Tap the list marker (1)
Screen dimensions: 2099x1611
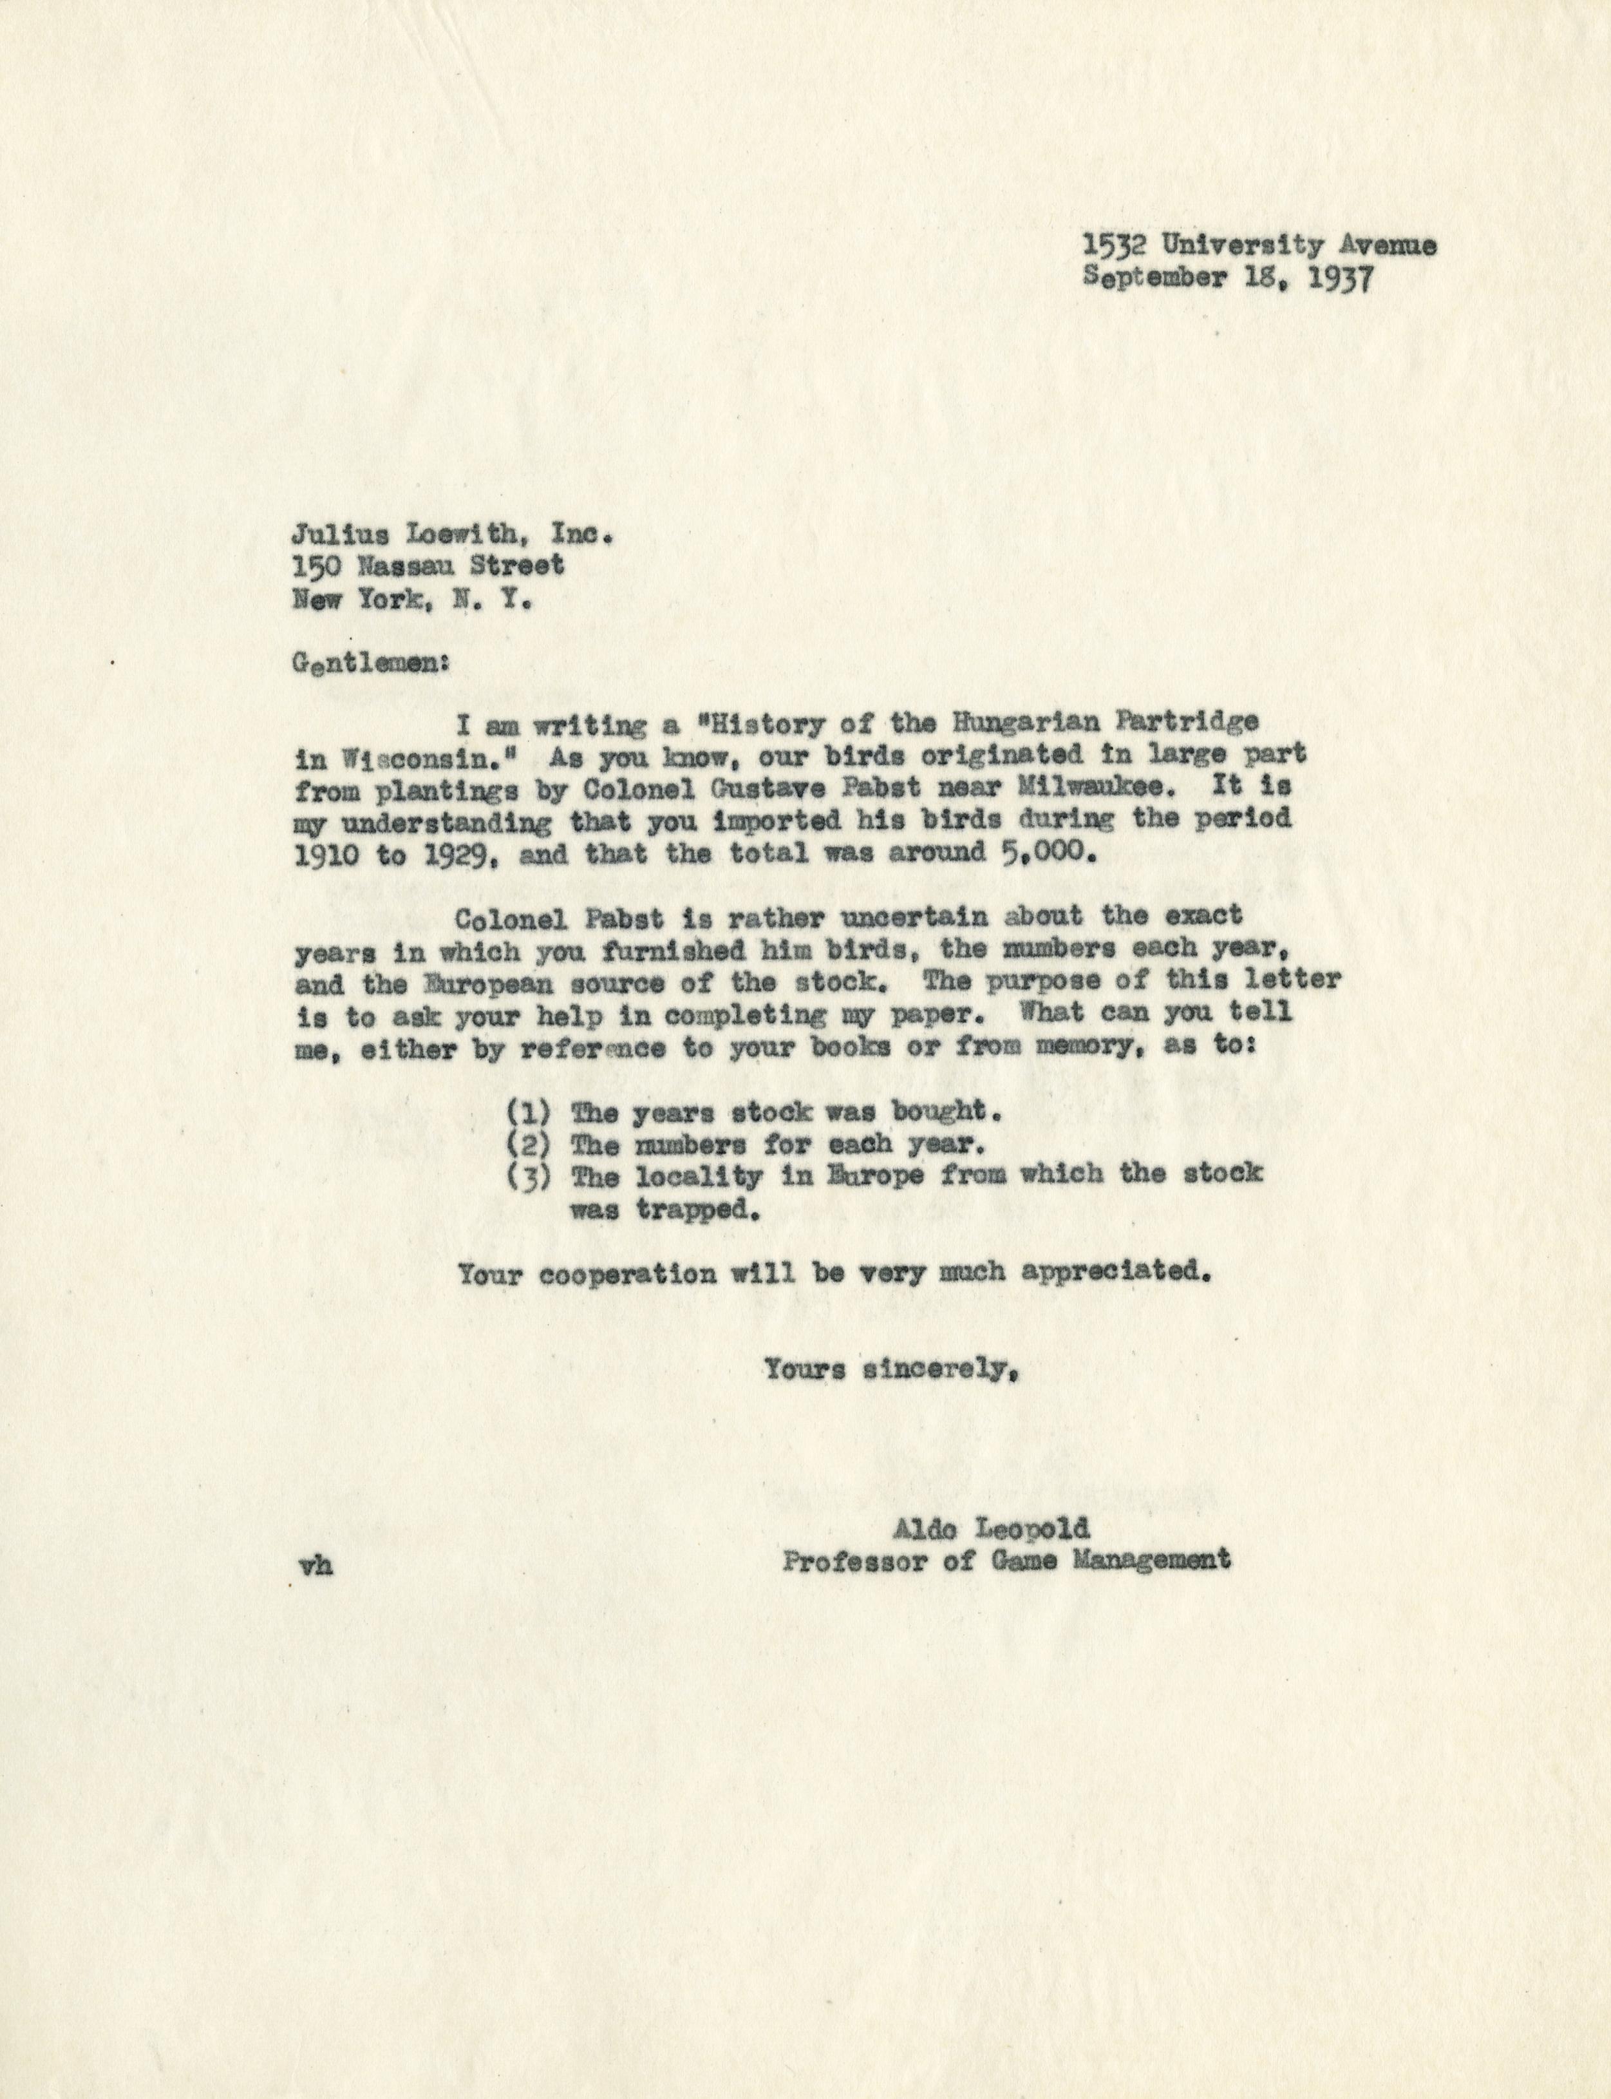[x=527, y=1113]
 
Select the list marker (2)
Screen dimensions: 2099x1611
[x=527, y=1144]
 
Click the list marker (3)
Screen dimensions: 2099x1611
[x=527, y=1176]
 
